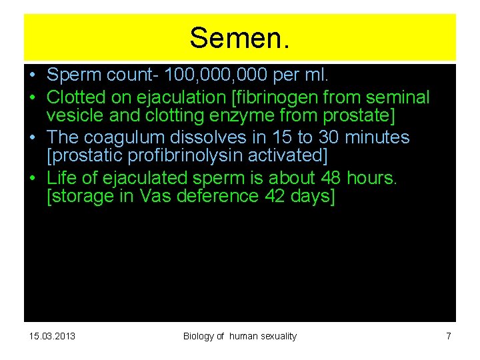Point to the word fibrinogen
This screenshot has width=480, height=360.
273,98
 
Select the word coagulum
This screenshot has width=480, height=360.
129,137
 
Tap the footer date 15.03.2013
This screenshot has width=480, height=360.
52,336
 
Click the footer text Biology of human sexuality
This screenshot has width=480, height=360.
240,336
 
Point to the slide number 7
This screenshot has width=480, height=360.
448,336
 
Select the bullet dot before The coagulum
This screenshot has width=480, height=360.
32,137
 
